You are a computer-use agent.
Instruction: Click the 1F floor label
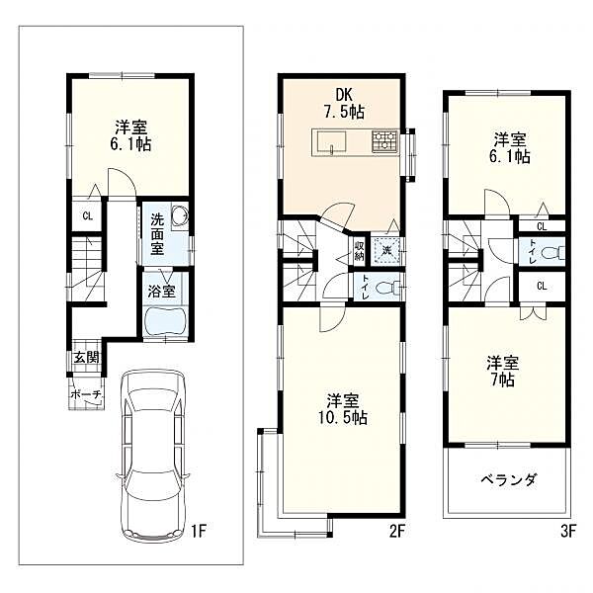tap(198, 532)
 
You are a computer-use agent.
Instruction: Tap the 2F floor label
tap(397, 532)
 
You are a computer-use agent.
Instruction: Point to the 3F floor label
tap(567, 532)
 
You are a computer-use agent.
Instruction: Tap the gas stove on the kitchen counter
tap(384, 141)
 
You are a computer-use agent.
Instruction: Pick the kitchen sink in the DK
tap(332, 142)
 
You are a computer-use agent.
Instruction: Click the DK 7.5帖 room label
tap(344, 104)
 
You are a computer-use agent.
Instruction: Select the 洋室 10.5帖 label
tap(343, 409)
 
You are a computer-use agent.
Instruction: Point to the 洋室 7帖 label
tap(503, 371)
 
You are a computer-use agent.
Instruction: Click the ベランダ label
tap(509, 480)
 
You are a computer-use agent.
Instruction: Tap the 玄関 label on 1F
tap(87, 358)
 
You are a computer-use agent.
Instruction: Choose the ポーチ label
tap(87, 394)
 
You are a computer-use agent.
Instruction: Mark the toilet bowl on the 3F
tap(552, 252)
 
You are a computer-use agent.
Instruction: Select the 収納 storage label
tap(360, 251)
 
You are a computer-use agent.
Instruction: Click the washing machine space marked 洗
tap(386, 250)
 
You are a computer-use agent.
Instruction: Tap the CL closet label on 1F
tap(88, 216)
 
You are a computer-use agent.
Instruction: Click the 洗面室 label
tap(157, 234)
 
